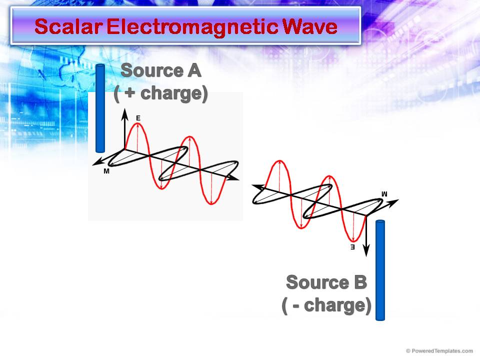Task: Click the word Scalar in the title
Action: (68, 26)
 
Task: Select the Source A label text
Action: (160, 70)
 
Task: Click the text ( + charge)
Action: (160, 94)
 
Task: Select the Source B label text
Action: (326, 282)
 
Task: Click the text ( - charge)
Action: (326, 305)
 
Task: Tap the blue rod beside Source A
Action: (100, 108)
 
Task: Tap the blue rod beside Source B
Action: (380, 270)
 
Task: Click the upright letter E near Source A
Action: (138, 118)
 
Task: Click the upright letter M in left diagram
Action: (106, 171)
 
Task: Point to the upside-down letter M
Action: (384, 193)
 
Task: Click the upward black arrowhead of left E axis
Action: (124, 115)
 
